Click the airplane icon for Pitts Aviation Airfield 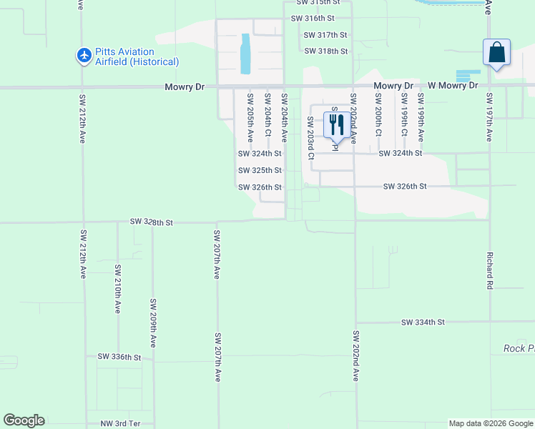[x=84, y=55]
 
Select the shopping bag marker [x=496, y=52]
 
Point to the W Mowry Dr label [x=448, y=86]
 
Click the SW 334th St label [x=423, y=322]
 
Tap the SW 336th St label [x=119, y=356]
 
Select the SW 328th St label [x=152, y=222]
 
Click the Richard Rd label [x=490, y=265]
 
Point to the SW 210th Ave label [x=118, y=289]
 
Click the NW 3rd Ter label [x=120, y=424]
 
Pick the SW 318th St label [x=325, y=51]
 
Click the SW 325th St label [x=260, y=170]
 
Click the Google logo [x=24, y=420]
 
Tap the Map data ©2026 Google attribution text [x=490, y=424]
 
